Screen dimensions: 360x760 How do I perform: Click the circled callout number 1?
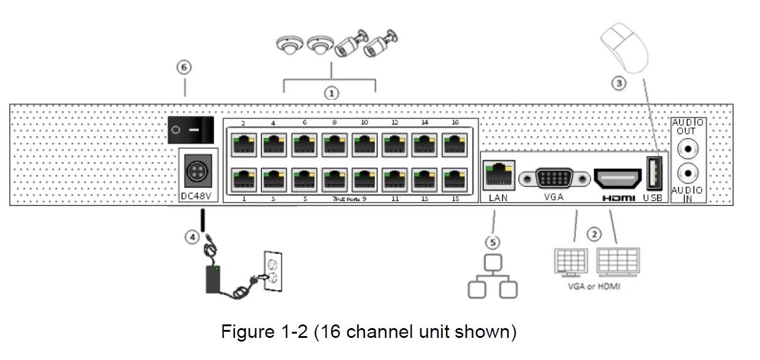(x=331, y=93)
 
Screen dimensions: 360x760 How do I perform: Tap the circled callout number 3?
(x=619, y=83)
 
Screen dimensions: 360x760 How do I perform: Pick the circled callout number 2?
(x=593, y=234)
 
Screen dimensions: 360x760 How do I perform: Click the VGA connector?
(x=555, y=178)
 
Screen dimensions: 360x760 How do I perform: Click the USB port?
(x=654, y=174)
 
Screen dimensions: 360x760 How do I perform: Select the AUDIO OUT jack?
(x=688, y=148)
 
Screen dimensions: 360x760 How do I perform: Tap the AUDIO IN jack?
(x=688, y=173)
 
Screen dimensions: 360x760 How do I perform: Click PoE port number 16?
(x=455, y=145)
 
